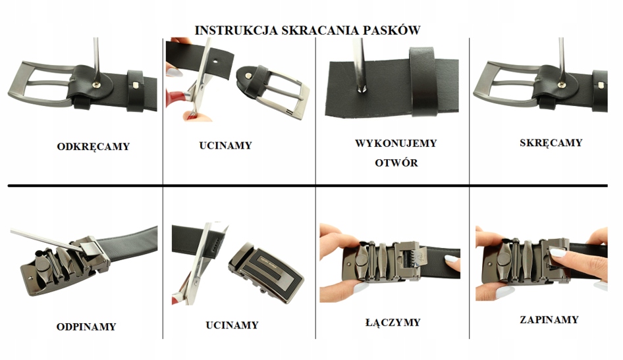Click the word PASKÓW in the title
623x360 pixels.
(x=393, y=30)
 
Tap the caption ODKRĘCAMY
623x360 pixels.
(x=93, y=146)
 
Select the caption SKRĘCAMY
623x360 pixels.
(x=551, y=142)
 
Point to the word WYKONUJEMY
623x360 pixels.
(x=396, y=143)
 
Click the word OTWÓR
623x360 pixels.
(x=396, y=163)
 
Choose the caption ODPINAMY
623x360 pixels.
(x=86, y=326)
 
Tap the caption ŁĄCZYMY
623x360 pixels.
(x=393, y=322)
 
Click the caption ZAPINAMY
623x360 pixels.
(x=549, y=320)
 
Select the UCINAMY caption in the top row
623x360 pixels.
(x=225, y=145)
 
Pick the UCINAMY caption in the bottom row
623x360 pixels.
(x=232, y=325)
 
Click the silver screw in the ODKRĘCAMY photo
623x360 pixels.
(x=100, y=84)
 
